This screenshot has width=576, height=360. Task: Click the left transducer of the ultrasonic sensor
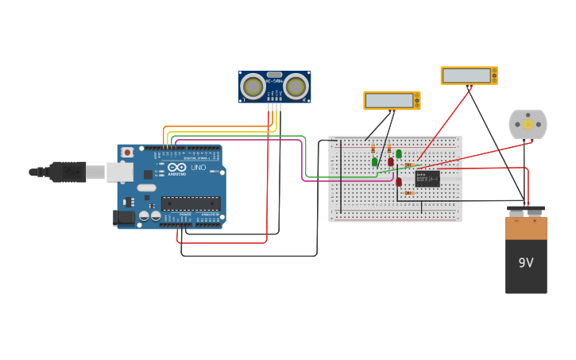tap(253, 87)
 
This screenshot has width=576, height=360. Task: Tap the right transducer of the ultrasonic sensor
tap(296, 87)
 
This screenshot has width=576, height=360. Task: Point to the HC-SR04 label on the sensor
tap(274, 81)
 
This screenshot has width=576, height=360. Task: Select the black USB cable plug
tap(68, 172)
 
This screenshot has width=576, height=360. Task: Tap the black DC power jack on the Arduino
tap(124, 216)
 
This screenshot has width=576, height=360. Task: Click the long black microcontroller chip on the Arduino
tap(191, 204)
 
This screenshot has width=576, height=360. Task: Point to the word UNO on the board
tap(199, 168)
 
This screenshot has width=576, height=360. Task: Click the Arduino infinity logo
tap(176, 168)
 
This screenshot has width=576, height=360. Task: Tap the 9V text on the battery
tap(526, 263)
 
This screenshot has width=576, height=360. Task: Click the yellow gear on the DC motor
tap(528, 125)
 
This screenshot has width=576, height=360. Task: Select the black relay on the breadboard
tap(427, 178)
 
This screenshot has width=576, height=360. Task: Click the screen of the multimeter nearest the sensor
tap(389, 100)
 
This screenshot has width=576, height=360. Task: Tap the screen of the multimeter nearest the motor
tap(466, 75)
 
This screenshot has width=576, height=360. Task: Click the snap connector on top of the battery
tap(526, 211)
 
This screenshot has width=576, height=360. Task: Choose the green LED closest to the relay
tap(399, 154)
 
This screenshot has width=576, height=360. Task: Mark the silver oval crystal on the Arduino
tap(147, 188)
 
